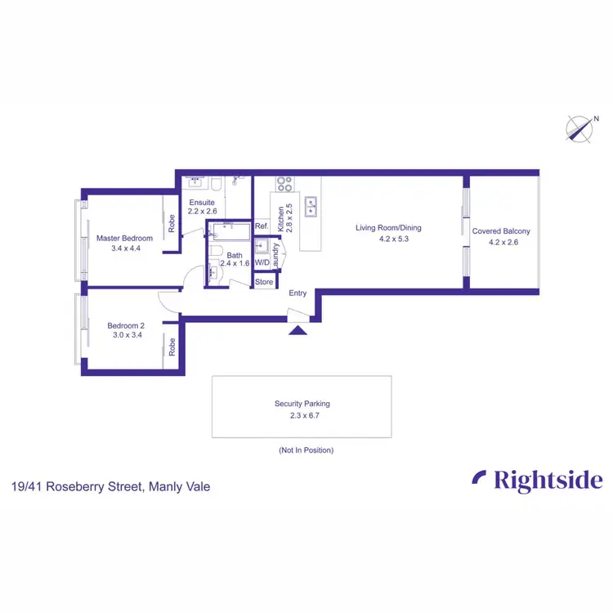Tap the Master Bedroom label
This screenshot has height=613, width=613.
124,239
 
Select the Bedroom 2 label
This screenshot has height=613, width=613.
125,325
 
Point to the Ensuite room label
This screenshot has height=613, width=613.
202,202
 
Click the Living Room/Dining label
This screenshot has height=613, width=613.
388,228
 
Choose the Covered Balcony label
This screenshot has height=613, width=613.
502,231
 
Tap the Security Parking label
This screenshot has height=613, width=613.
302,404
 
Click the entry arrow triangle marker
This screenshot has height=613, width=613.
298,329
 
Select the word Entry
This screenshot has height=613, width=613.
298,293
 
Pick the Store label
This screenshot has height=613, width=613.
264,282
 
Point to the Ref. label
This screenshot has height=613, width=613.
262,226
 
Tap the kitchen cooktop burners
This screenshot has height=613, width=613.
285,184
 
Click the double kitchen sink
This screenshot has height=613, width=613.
311,207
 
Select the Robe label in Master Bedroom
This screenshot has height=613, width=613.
172,224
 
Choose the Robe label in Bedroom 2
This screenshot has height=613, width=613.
172,348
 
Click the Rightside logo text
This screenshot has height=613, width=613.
538,481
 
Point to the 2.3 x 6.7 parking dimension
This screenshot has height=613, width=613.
302,414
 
